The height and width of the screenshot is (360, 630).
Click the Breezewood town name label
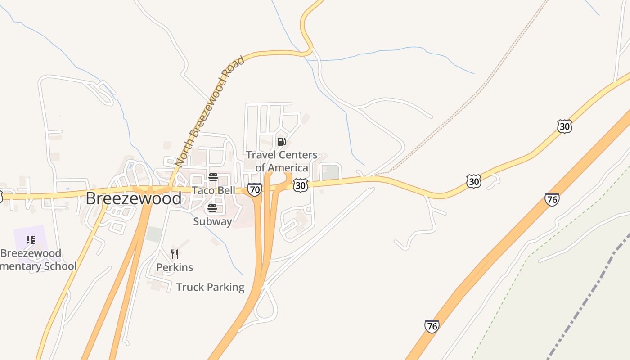tap(134, 198)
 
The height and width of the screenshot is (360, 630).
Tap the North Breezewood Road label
tap(210, 111)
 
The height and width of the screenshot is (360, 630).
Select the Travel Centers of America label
tap(282, 162)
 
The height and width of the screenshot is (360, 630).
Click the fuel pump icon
tap(281, 142)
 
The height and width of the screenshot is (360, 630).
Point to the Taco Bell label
tap(213, 190)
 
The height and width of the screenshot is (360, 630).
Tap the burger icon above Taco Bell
tap(213, 177)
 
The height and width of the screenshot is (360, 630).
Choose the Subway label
tap(212, 221)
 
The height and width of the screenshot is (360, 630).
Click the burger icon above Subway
tap(212, 208)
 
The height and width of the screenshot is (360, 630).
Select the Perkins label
tap(175, 267)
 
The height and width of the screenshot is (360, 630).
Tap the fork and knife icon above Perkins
tap(175, 254)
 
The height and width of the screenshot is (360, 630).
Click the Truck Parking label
tap(210, 287)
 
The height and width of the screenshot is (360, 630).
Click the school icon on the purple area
tap(30, 239)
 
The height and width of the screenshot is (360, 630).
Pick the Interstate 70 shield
tap(255, 189)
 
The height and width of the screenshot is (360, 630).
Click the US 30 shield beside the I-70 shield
tap(300, 185)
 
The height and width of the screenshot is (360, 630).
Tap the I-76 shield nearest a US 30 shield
tap(552, 199)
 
